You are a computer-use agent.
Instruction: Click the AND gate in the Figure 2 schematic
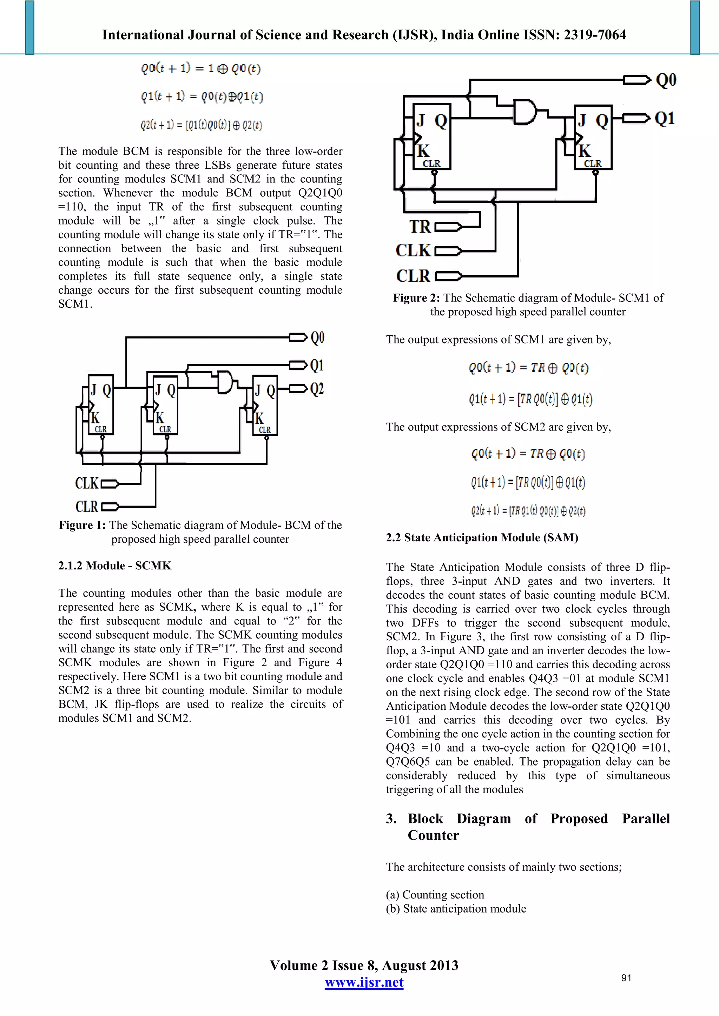click(524, 112)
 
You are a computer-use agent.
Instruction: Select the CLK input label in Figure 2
click(413, 250)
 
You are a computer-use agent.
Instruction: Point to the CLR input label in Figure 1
click(87, 506)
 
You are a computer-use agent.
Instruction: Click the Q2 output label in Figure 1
click(317, 389)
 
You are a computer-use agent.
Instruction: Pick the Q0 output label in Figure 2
click(666, 80)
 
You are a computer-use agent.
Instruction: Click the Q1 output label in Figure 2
click(664, 119)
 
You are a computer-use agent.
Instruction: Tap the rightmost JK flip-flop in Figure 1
click(265, 405)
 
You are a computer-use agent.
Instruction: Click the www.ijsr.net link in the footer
click(364, 982)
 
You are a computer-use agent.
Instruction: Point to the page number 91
click(626, 977)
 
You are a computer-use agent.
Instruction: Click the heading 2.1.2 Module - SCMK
click(115, 566)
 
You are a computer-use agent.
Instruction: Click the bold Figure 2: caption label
click(416, 298)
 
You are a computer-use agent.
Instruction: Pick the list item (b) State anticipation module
click(456, 908)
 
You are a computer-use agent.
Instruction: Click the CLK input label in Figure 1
click(87, 483)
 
